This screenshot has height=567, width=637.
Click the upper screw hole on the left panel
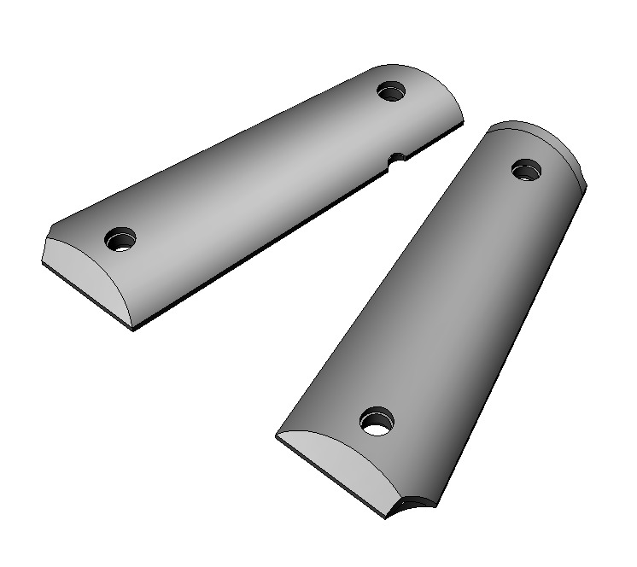(391, 90)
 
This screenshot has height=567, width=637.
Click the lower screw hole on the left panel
(120, 240)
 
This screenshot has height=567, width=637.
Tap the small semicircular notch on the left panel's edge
(395, 159)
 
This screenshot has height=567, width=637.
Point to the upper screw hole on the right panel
(527, 169)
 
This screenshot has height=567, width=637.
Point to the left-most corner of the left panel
(42, 264)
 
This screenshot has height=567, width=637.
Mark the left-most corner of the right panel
(276, 439)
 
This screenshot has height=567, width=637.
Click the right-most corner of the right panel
(587, 181)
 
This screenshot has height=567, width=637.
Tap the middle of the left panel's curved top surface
(256, 162)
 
